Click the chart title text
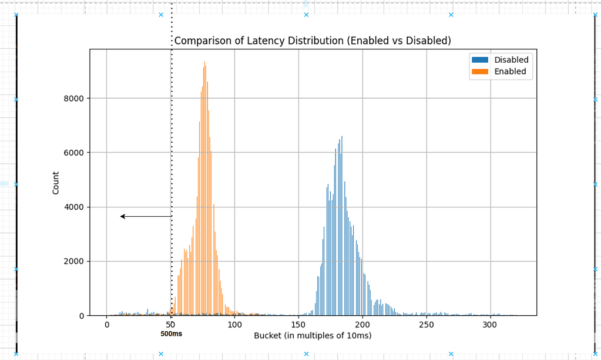312,41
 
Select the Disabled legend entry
511,60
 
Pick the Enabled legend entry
510,72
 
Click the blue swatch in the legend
479,60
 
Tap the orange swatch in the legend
479,72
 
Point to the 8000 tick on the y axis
74,99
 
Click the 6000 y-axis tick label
74,153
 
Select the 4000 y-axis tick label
74,207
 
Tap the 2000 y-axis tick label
74,261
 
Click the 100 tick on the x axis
234,325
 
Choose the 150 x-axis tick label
298,325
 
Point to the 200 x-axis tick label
362,325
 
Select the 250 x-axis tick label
427,325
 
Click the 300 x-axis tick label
491,325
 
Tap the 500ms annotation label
172,334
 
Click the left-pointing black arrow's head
122,217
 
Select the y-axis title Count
56,183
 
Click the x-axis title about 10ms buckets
313,336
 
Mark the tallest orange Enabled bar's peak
204,62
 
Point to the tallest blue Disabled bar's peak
342,137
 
